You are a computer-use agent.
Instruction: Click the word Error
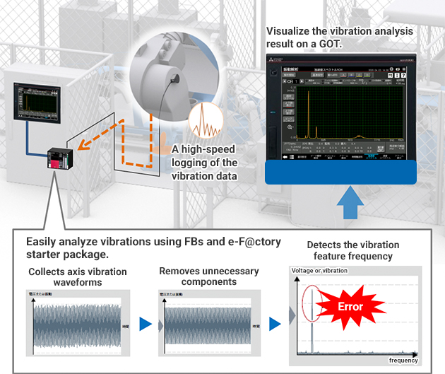click(x=351, y=307)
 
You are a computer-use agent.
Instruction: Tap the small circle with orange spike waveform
click(x=206, y=121)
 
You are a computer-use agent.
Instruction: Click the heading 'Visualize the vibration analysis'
click(x=339, y=32)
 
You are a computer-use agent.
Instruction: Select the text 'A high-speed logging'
click(x=203, y=149)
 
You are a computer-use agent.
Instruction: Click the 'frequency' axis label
click(x=403, y=361)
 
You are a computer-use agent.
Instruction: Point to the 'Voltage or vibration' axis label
click(x=322, y=271)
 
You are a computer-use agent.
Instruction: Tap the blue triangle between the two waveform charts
click(x=145, y=325)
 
